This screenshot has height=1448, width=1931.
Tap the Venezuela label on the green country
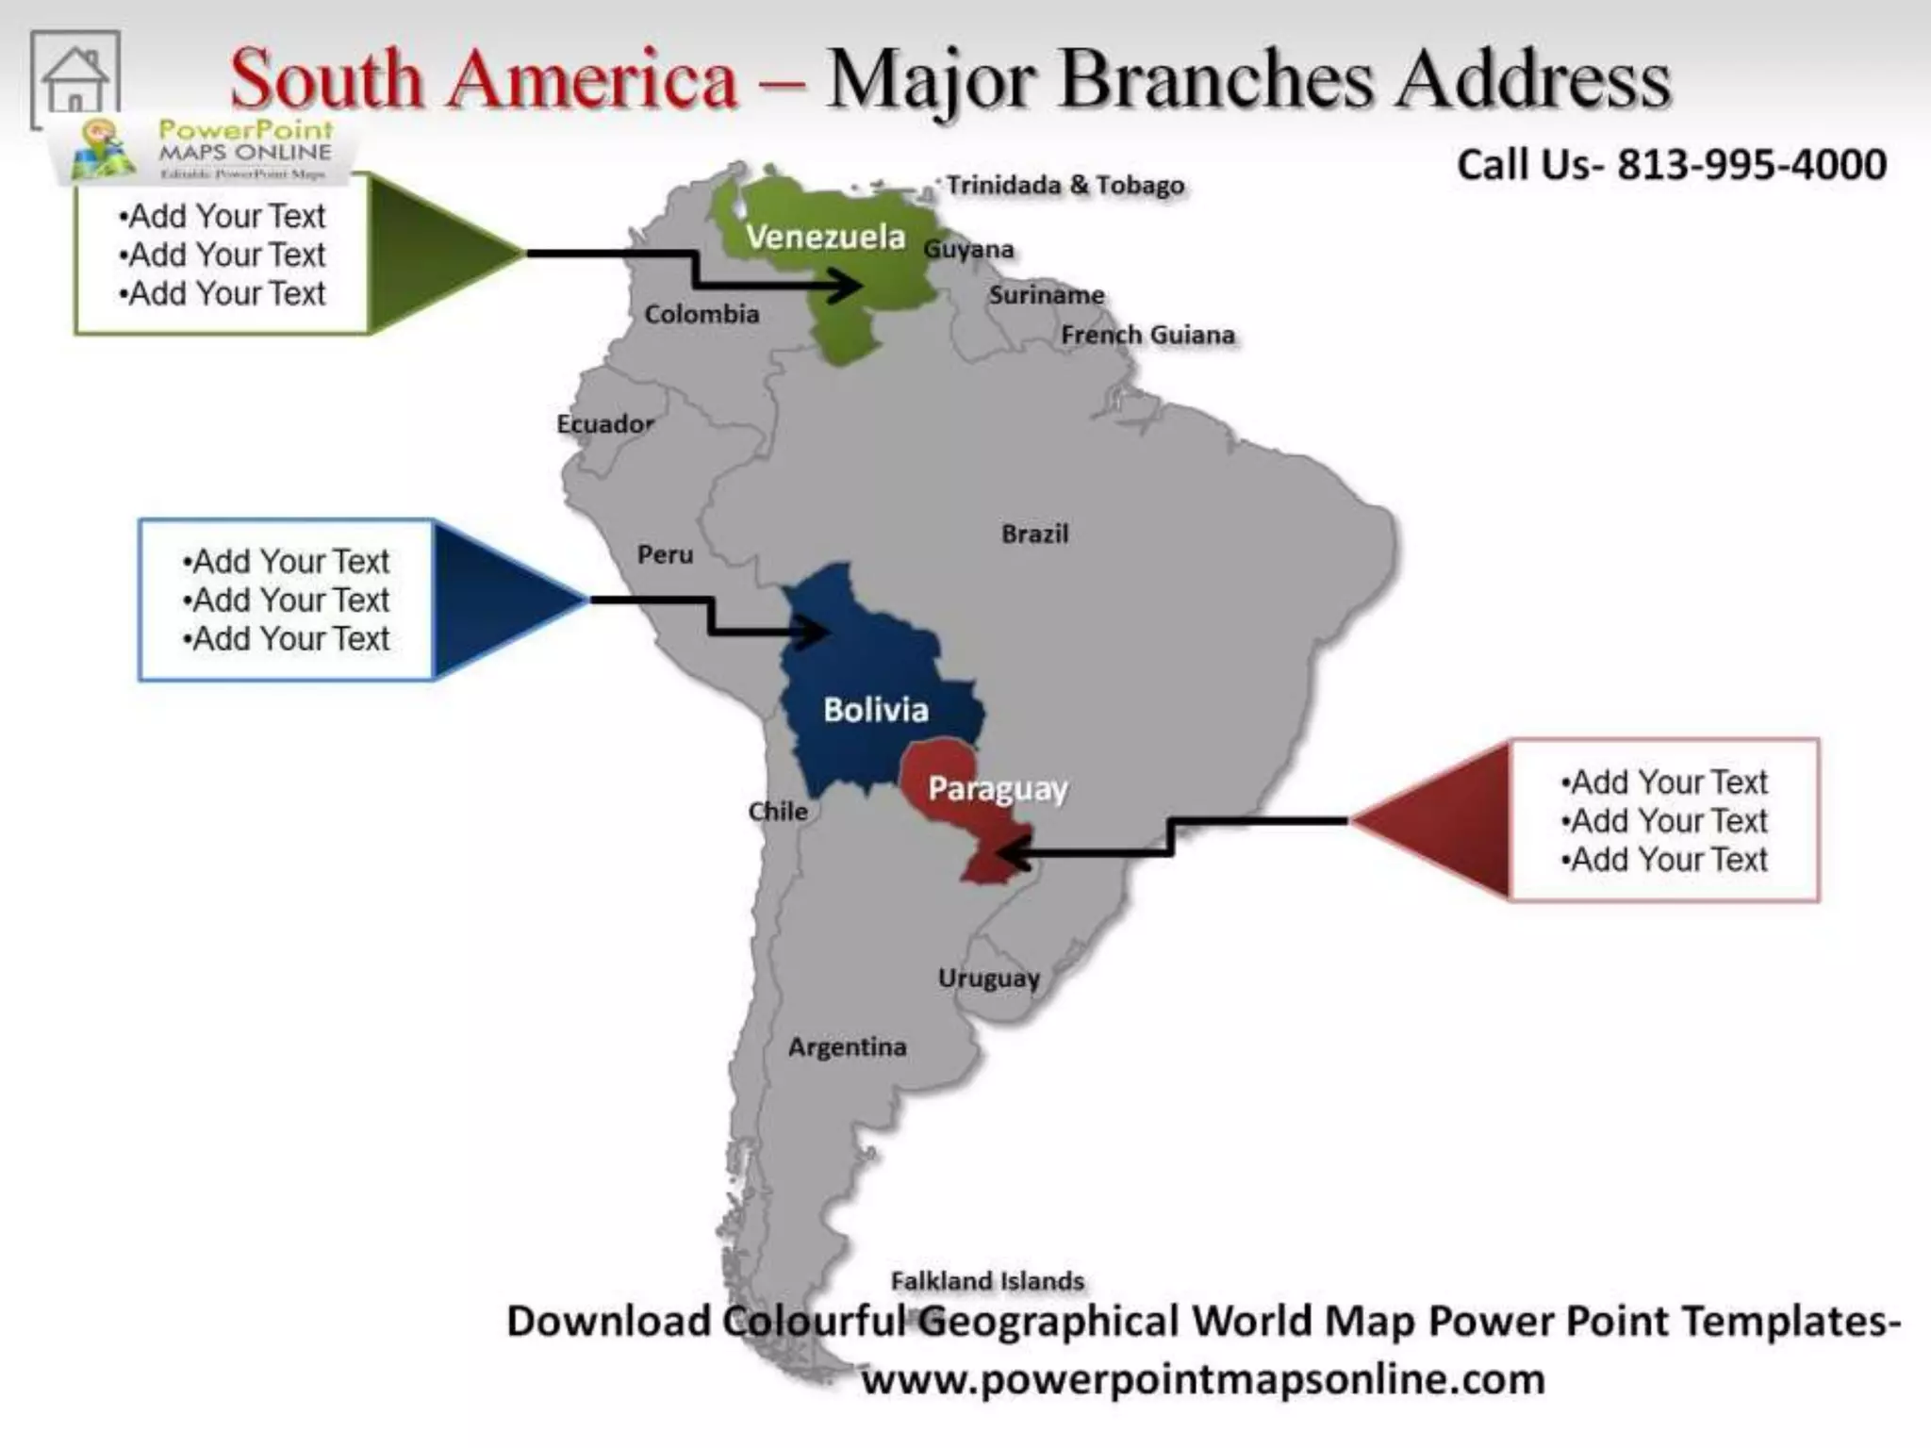click(825, 237)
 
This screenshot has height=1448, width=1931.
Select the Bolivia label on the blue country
click(875, 710)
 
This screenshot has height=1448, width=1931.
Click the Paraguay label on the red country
click(998, 789)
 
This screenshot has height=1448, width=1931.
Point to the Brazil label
click(1034, 535)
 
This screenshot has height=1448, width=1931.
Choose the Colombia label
click(701, 314)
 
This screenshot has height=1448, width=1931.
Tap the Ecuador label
click(604, 424)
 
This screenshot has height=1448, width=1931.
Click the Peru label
click(665, 554)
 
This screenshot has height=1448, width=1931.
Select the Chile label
click(778, 812)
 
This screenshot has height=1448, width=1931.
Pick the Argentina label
click(847, 1047)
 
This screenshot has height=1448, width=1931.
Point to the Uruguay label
click(988, 979)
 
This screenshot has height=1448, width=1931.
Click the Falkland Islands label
click(987, 1281)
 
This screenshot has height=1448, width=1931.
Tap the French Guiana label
click(1147, 335)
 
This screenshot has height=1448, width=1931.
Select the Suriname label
click(1046, 295)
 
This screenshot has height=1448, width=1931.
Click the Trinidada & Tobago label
click(1065, 185)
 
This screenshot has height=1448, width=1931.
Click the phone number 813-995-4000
click(1752, 165)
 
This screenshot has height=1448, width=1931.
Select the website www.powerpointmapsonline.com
click(1203, 1379)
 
